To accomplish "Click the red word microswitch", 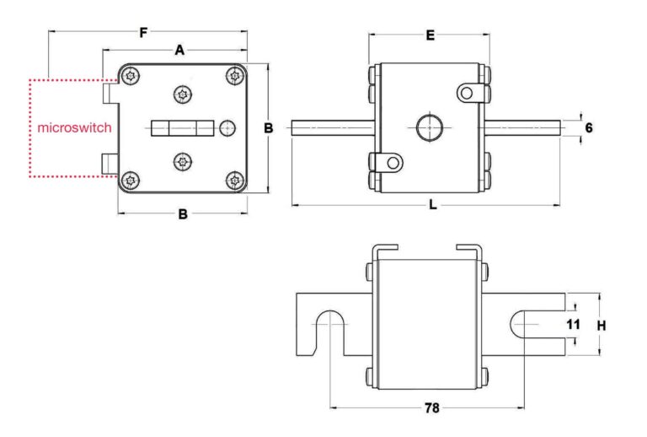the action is (x=75, y=127).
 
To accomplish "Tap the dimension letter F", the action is (x=143, y=33).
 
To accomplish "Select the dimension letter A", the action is (x=179, y=51).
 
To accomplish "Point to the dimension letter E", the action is (x=430, y=36).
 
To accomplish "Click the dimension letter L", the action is (x=432, y=204).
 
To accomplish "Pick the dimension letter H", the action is (x=602, y=326).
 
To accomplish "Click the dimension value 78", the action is (x=432, y=408).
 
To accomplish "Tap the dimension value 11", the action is (x=573, y=325).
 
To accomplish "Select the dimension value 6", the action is (x=589, y=128).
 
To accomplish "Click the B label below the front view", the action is (x=183, y=214).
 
